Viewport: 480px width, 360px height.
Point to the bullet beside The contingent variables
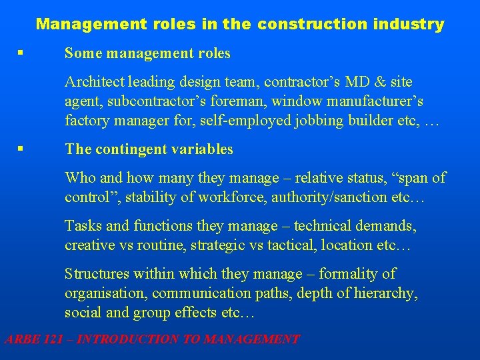click(23, 149)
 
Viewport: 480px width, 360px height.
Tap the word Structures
click(97, 274)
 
